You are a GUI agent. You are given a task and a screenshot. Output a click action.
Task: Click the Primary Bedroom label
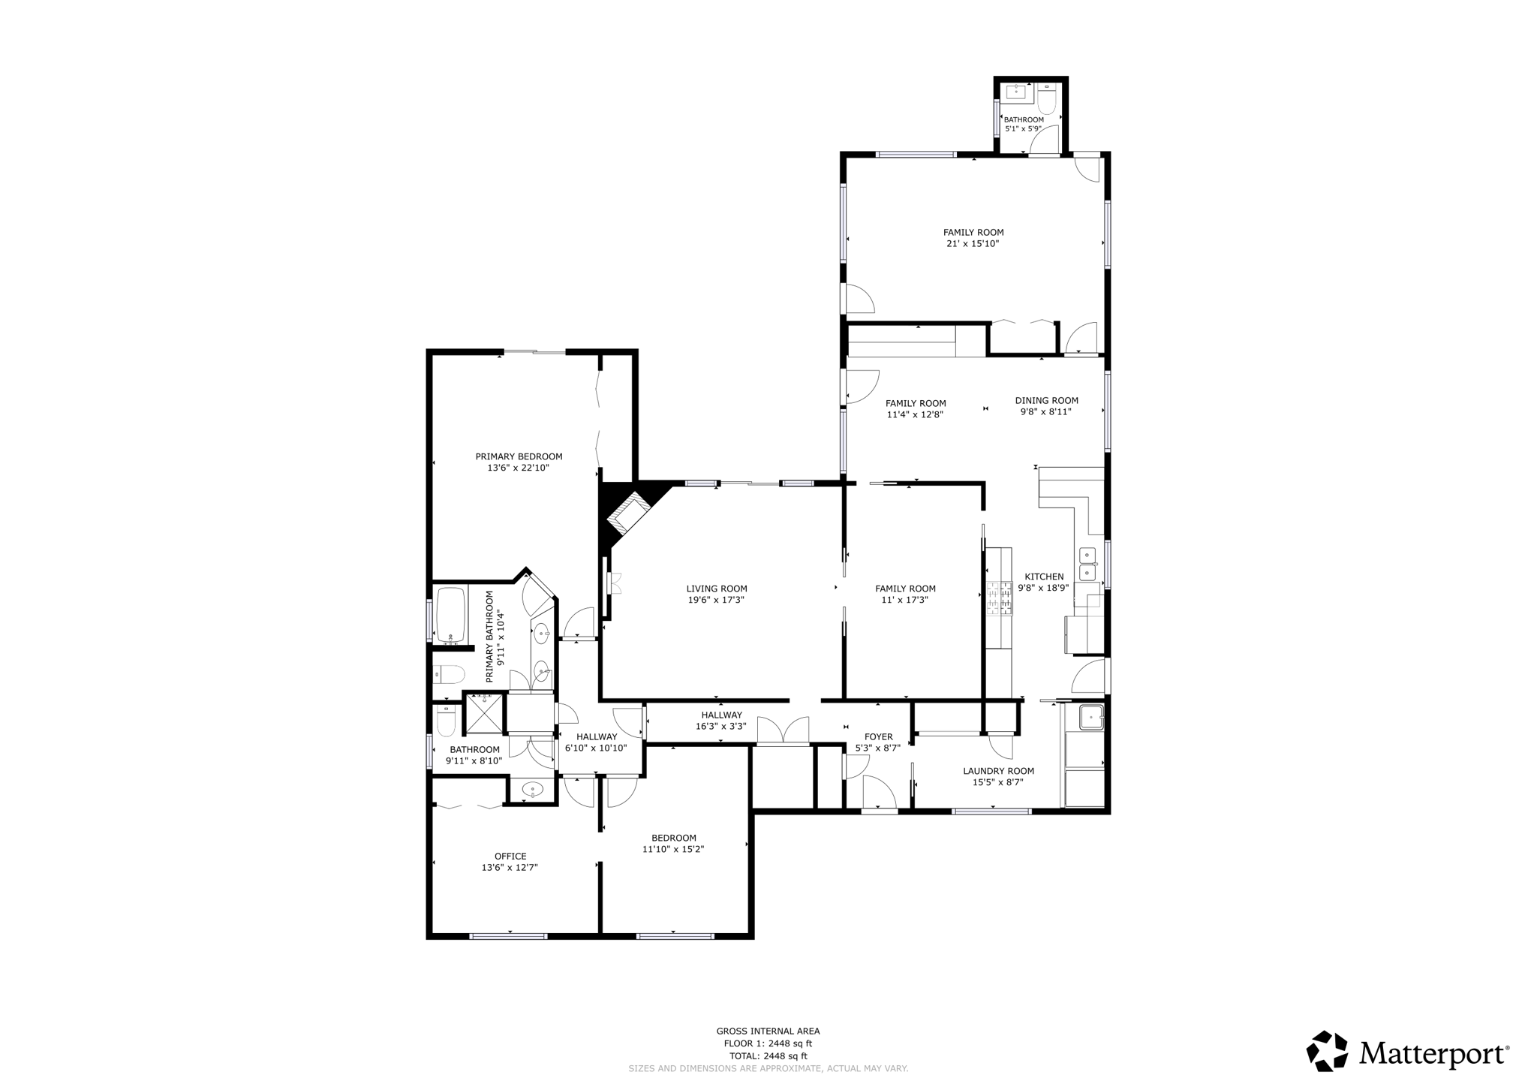coord(519,456)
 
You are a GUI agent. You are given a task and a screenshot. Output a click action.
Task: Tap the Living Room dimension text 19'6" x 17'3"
coord(716,600)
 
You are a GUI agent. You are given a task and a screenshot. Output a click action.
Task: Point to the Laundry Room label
coord(998,771)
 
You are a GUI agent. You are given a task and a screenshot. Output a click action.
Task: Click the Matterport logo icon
coord(1327,1051)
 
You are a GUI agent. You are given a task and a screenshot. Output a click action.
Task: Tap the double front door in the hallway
coord(783,731)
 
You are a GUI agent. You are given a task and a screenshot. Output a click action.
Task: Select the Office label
coord(510,856)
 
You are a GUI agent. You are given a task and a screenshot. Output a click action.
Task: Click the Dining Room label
coord(1046,400)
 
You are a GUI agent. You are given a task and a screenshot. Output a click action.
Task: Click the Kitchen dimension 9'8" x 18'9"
coord(1043,588)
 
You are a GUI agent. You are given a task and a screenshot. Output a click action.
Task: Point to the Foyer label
coord(878,737)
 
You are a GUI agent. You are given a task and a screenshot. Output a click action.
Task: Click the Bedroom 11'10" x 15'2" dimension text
coord(673,849)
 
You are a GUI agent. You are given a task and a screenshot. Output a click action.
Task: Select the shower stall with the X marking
coord(485,714)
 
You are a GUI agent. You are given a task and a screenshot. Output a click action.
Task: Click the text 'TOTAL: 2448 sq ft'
coord(768,1055)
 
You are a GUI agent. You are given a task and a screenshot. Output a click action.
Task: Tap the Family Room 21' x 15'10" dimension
coord(973,244)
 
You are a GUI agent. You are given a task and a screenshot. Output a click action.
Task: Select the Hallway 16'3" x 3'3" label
coord(721,726)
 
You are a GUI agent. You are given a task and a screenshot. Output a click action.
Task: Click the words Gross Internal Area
coord(768,1031)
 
